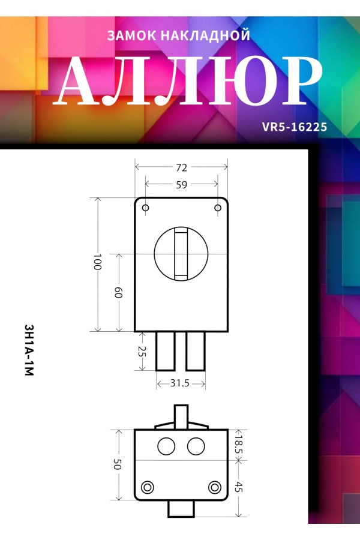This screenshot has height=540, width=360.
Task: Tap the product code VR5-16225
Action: [x=295, y=127]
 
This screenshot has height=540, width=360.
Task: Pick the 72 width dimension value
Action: [x=182, y=168]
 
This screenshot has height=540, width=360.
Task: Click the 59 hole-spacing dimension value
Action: [x=182, y=185]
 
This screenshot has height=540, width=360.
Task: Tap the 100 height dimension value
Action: [x=97, y=262]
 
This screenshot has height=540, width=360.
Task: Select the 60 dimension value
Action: [x=119, y=293]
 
